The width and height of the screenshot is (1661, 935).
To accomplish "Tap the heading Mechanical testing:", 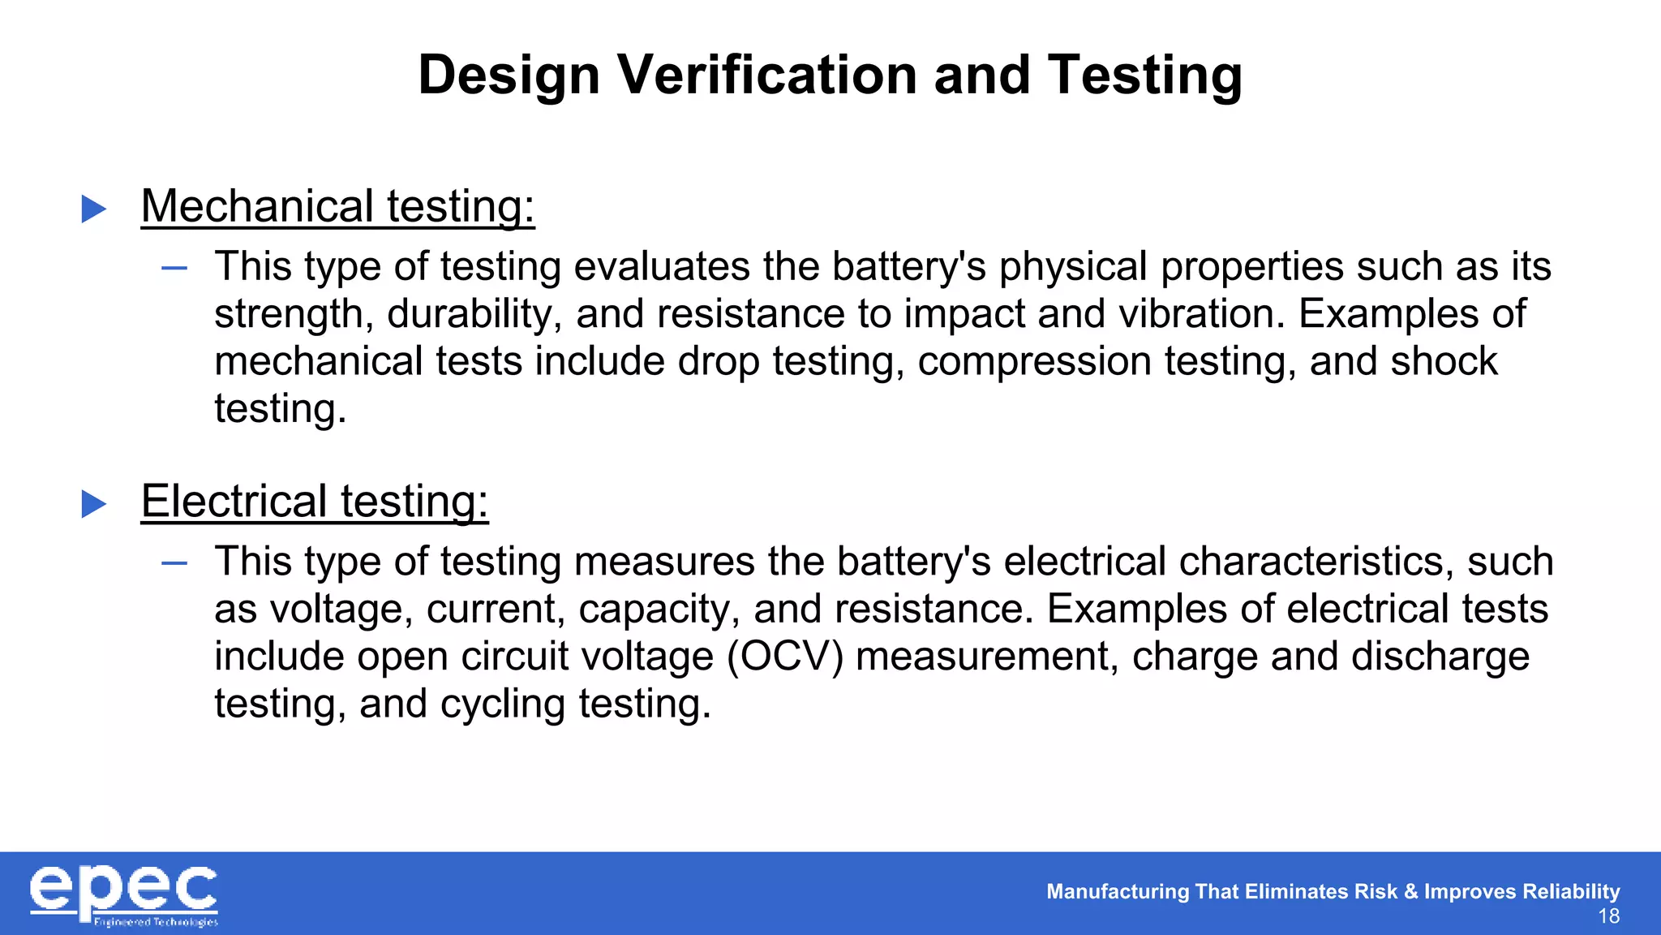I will pos(337,206).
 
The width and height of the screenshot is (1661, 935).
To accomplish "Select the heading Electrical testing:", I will pos(315,501).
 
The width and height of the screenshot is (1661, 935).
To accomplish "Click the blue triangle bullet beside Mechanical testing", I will pos(94,209).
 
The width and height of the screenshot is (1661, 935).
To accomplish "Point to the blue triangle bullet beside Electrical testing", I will pos(94,504).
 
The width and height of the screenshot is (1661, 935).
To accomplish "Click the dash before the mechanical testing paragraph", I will pos(174,268).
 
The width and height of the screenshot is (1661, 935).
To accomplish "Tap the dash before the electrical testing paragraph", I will pos(174,562).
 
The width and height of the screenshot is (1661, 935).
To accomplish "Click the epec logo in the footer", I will pos(124,895).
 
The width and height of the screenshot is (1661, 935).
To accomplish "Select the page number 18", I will pos(1608,917).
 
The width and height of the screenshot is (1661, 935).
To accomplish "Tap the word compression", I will pos(1034,361).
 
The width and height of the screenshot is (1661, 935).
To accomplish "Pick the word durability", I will pos(474,314).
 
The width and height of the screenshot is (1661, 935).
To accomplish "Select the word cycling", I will pos(503,704).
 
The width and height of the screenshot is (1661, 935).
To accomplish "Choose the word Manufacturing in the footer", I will pos(1118,891).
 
